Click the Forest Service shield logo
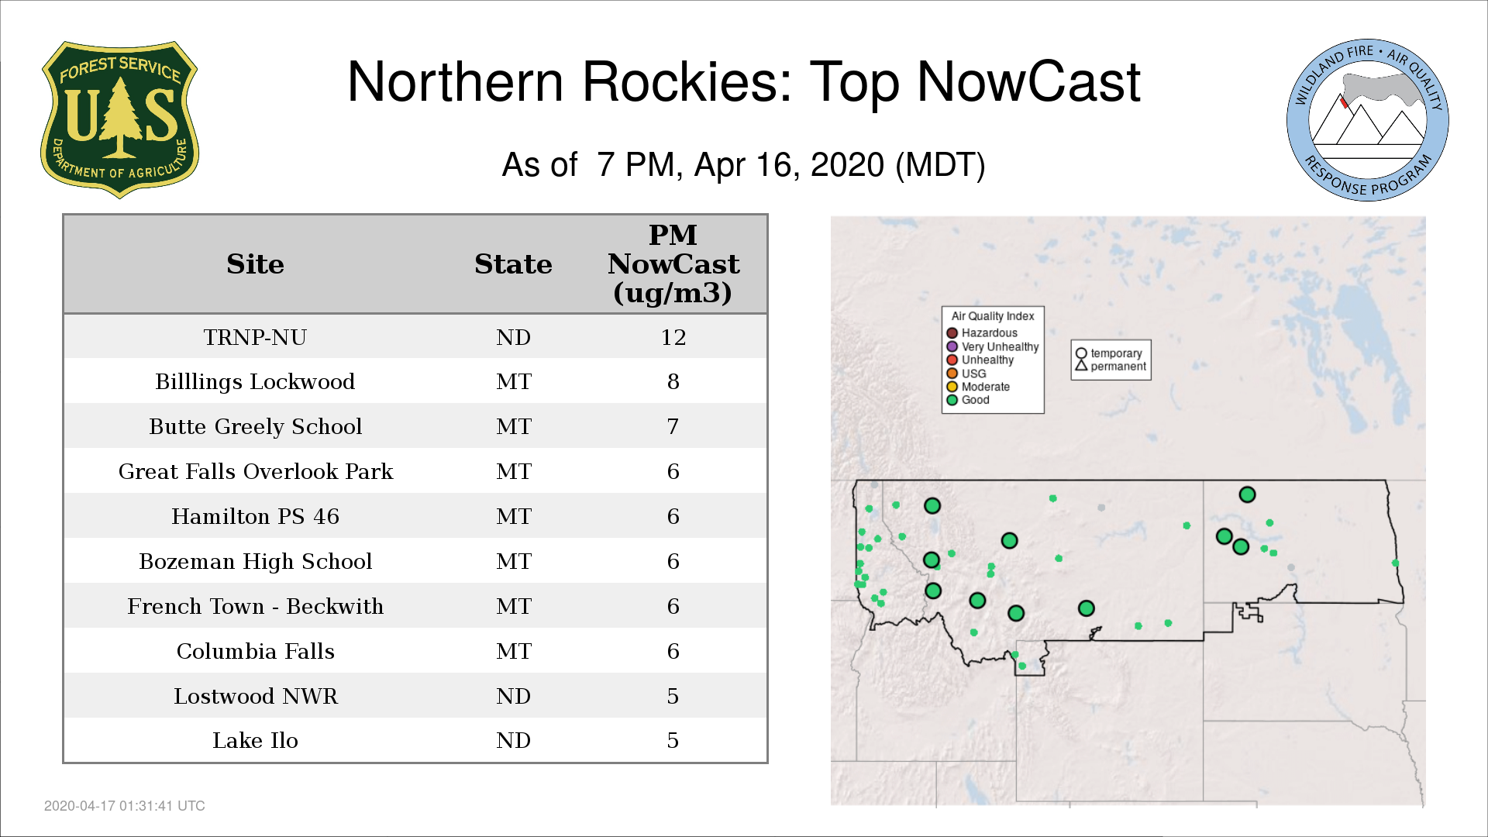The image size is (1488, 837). click(x=119, y=119)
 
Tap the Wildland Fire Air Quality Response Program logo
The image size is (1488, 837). click(x=1368, y=120)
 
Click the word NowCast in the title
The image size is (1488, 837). click(x=1028, y=81)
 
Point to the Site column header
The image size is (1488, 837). click(x=256, y=264)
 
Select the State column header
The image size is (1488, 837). click(x=513, y=264)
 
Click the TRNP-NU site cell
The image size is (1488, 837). click(x=255, y=337)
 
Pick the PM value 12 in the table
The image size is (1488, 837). click(x=673, y=337)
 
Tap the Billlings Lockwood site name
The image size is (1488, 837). click(x=255, y=381)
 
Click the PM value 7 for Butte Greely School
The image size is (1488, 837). click(x=673, y=426)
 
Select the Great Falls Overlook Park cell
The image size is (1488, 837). click(x=256, y=471)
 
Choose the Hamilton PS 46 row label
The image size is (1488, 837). click(x=256, y=516)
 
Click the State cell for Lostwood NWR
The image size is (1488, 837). click(x=513, y=696)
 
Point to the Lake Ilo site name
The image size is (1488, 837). click(x=256, y=741)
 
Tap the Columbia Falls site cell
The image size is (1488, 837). click(x=256, y=651)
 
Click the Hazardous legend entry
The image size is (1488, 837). click(x=982, y=333)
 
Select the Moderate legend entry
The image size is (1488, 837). click(x=978, y=387)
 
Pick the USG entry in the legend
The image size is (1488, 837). click(x=966, y=374)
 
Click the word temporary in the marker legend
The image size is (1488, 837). click(x=1116, y=353)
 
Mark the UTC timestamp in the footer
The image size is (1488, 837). click(x=125, y=806)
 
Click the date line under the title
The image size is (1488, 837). click(x=743, y=165)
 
